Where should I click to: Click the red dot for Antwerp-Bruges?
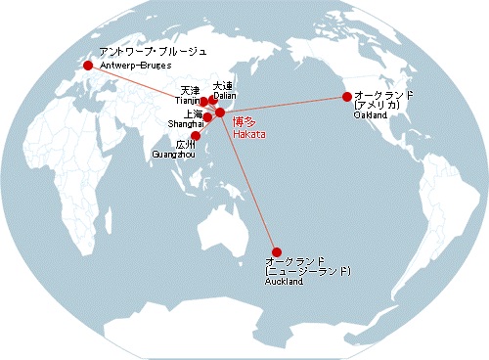pos(88,66)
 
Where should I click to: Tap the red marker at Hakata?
pos(220,113)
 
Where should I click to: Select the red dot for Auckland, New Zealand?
pos(277,251)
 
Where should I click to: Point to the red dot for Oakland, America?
pos(346,96)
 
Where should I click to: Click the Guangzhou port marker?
pos(196,136)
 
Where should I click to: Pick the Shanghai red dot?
pos(207,118)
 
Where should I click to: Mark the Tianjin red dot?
pos(203,102)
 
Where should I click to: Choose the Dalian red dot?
pos(213,101)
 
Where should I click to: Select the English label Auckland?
pos(285,282)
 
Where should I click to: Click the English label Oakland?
pos(371,115)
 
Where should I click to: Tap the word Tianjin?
pos(187,101)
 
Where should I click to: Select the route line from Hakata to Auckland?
pos(248,183)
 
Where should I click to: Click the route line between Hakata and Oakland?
pos(284,105)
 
